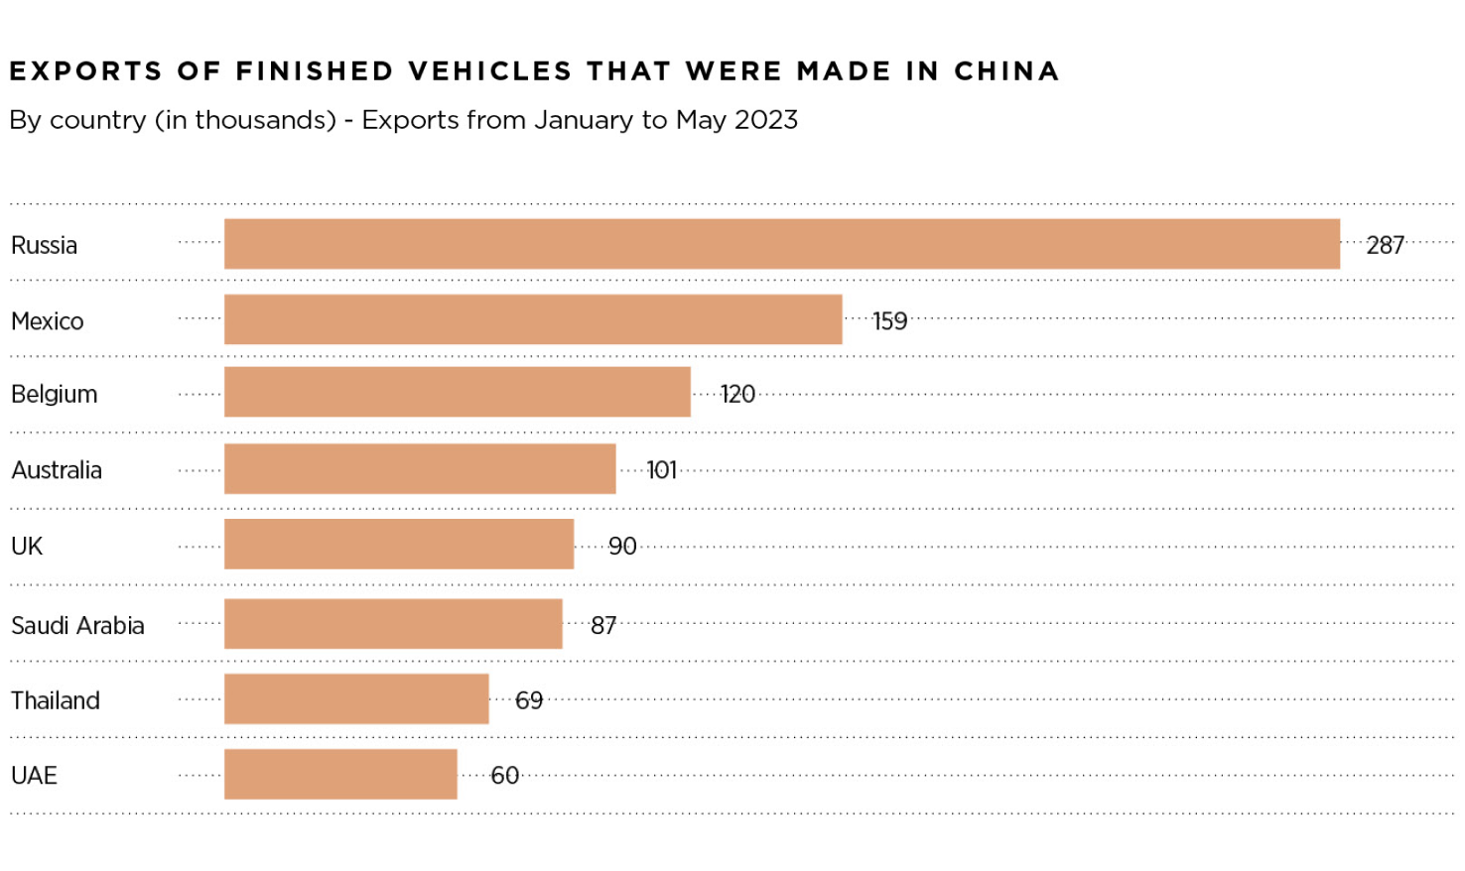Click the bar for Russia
click(781, 244)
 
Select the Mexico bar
click(533, 319)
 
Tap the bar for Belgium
click(457, 392)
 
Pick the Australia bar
click(420, 468)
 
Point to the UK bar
click(399, 544)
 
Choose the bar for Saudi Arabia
click(393, 624)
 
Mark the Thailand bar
click(356, 699)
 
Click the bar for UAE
click(340, 775)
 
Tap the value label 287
click(1385, 245)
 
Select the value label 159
click(889, 321)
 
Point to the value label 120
click(737, 395)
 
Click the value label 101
click(661, 470)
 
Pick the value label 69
click(529, 701)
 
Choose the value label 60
click(504, 776)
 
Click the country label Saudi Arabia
click(77, 626)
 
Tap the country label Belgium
click(55, 395)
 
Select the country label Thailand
click(56, 701)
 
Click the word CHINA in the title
click(1006, 71)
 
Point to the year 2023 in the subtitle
click(766, 120)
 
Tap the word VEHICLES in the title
click(490, 71)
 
